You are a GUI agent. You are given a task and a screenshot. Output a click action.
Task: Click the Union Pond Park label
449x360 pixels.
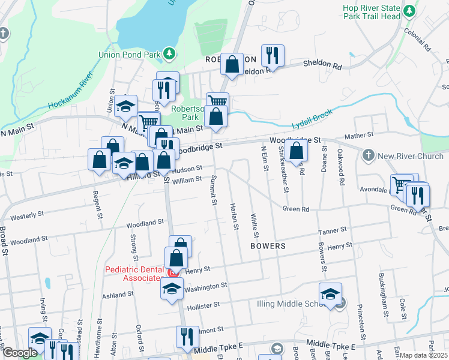129,55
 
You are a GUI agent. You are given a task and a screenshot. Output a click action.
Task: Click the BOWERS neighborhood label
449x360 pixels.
268,246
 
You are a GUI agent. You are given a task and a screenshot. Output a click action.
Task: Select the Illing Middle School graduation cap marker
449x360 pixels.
330,294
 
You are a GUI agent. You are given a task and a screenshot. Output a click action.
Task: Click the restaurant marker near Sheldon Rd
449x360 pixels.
273,56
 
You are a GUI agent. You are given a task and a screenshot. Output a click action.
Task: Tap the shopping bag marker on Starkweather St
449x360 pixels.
296,151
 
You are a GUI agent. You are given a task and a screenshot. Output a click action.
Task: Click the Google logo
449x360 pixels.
20,353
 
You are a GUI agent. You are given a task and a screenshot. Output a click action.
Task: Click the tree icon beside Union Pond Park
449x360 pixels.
170,55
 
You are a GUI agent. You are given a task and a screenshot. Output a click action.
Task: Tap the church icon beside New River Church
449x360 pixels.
369,157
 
